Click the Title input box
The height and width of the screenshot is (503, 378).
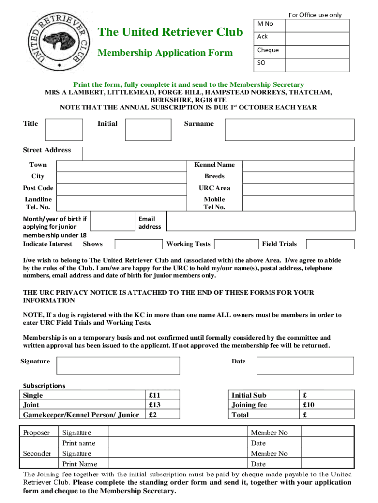[x=64, y=130]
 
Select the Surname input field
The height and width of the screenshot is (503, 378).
[x=290, y=130]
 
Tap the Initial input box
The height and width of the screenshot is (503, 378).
[x=147, y=130]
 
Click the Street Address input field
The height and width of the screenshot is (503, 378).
[x=218, y=153]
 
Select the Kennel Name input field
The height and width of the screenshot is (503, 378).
[x=298, y=165]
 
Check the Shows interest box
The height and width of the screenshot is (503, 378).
[x=139, y=244]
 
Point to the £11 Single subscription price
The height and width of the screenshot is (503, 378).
[x=154, y=395]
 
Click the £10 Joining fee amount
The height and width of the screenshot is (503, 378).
[x=308, y=405]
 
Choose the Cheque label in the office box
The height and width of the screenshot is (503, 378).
[x=268, y=50]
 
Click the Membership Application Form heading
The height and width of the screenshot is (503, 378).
[x=165, y=53]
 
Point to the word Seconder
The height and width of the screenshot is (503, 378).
[x=37, y=453]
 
